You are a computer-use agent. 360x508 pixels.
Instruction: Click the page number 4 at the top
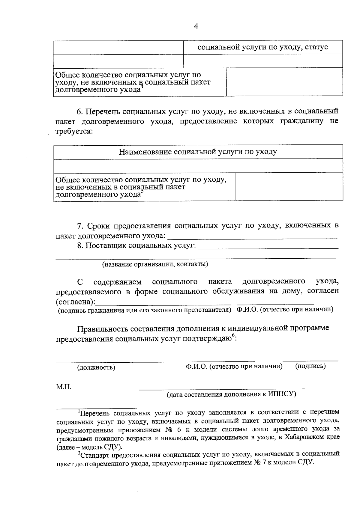(196, 26)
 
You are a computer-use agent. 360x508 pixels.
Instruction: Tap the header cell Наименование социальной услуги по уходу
(198, 152)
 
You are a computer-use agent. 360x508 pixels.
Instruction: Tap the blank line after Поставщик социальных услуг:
(268, 246)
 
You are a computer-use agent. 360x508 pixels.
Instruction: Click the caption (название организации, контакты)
(155, 264)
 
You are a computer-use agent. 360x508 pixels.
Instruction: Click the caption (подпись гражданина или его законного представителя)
(144, 310)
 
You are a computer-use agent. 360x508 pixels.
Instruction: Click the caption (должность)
(96, 367)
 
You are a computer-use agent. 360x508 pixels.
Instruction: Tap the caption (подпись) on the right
(310, 366)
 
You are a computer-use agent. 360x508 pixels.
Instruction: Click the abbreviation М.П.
(64, 387)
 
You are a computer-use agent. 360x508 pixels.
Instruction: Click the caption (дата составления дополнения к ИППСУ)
(231, 394)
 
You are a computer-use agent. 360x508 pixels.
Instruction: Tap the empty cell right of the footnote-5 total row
(289, 186)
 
